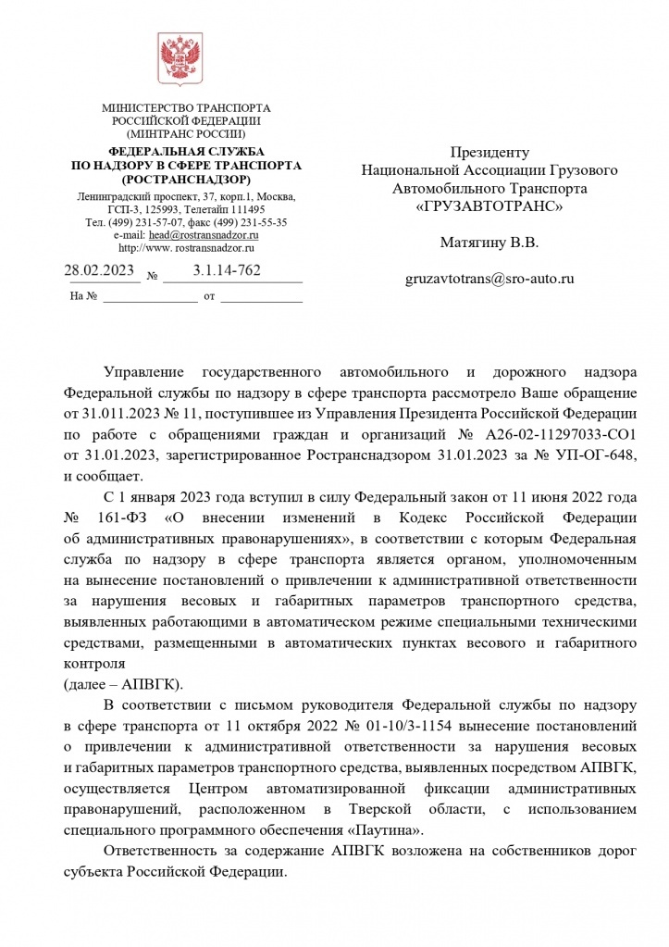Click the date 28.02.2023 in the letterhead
[x=100, y=270]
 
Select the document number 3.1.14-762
[x=227, y=270]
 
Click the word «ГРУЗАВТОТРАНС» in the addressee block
[x=489, y=206]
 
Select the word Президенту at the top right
[x=489, y=152]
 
